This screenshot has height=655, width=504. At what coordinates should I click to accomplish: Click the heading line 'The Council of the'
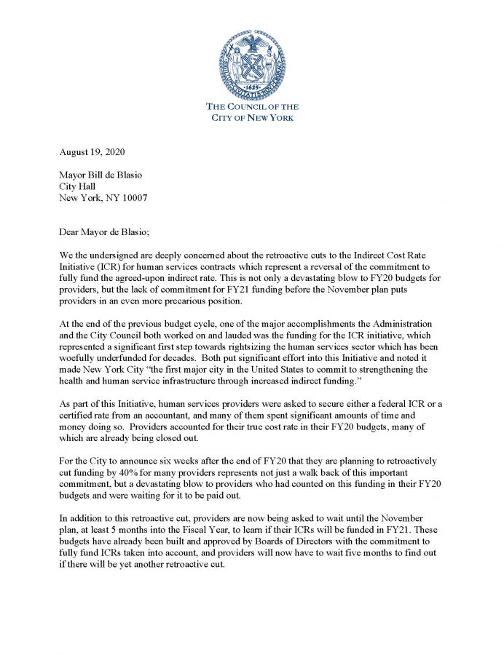pyautogui.click(x=253, y=107)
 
